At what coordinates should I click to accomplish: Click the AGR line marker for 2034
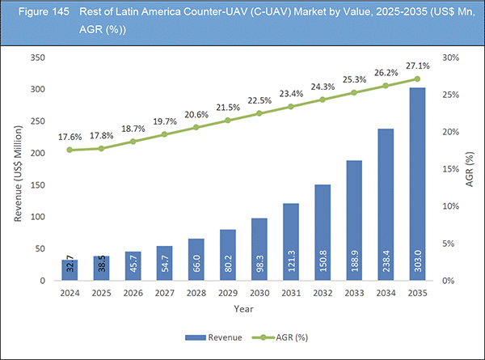pos(386,86)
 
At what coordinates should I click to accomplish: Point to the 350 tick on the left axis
pos(36,58)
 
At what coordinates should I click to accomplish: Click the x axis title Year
pos(242,308)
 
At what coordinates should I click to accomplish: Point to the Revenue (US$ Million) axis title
pos(15,169)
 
